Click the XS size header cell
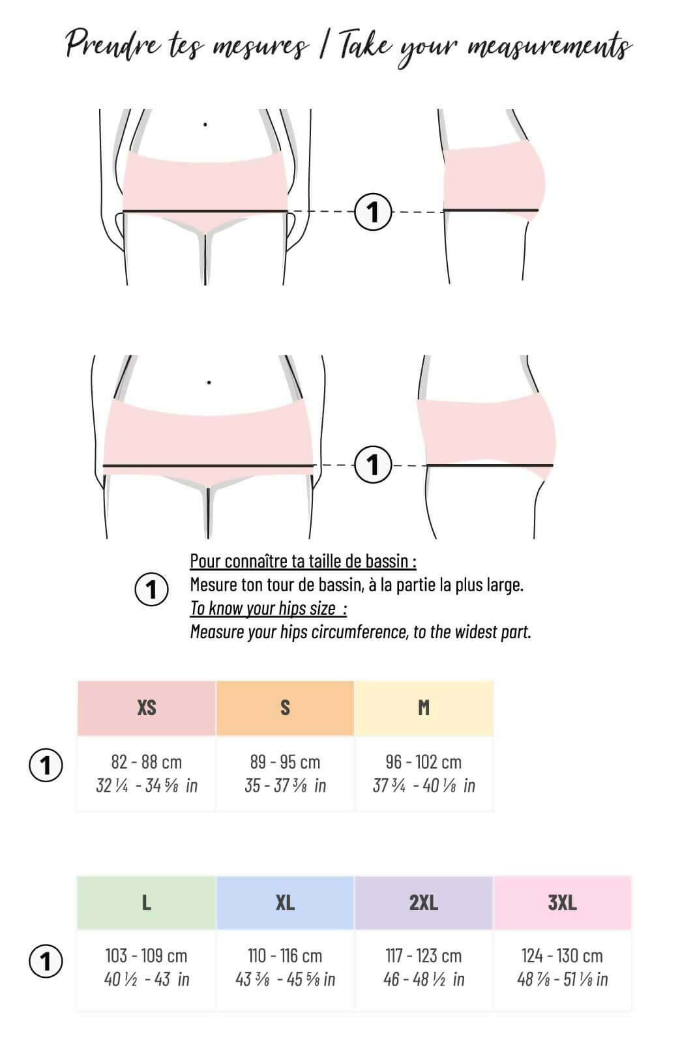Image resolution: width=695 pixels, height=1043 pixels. pyautogui.click(x=147, y=708)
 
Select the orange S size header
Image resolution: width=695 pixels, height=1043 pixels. pyautogui.click(x=285, y=708)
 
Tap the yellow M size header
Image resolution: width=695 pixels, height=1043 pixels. pyautogui.click(x=424, y=708)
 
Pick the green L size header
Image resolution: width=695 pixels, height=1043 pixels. pyautogui.click(x=147, y=903)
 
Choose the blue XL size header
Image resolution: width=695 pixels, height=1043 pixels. pyautogui.click(x=285, y=903)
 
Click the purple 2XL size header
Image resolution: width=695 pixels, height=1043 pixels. pyautogui.click(x=424, y=903)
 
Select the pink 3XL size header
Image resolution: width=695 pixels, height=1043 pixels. pyautogui.click(x=562, y=903)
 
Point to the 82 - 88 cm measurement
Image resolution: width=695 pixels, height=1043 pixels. pyautogui.click(x=147, y=762)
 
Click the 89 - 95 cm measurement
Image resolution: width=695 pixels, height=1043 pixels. pyautogui.click(x=285, y=762)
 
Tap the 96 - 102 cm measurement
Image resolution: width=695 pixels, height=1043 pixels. pyautogui.click(x=424, y=762)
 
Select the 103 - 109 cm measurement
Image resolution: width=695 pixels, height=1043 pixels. pyautogui.click(x=147, y=956)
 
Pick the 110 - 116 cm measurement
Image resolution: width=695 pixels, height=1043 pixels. pyautogui.click(x=285, y=956)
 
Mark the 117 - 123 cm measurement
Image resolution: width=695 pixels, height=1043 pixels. pyautogui.click(x=424, y=956)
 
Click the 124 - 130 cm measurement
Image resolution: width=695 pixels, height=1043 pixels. pyautogui.click(x=562, y=956)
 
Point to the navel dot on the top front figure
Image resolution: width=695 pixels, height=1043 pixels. pyautogui.click(x=205, y=124)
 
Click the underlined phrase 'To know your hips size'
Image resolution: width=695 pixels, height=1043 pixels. pyautogui.click(x=263, y=608)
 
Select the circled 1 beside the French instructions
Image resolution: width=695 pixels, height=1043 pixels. pyautogui.click(x=151, y=589)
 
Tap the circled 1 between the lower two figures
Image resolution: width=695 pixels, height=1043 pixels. pyautogui.click(x=373, y=465)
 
